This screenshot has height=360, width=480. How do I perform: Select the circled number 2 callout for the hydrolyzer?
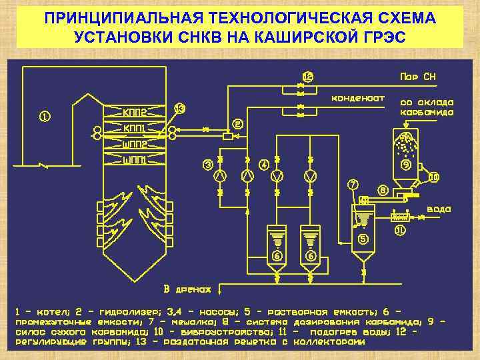(x=237, y=124)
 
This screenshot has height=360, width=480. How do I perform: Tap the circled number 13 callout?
(x=180, y=108)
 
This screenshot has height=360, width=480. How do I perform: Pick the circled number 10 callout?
(x=433, y=177)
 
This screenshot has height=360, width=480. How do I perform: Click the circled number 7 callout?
(x=352, y=183)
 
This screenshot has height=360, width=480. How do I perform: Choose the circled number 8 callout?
(x=383, y=189)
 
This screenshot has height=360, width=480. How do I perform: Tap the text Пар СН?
(x=417, y=76)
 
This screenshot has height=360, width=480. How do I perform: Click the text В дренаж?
(x=187, y=289)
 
